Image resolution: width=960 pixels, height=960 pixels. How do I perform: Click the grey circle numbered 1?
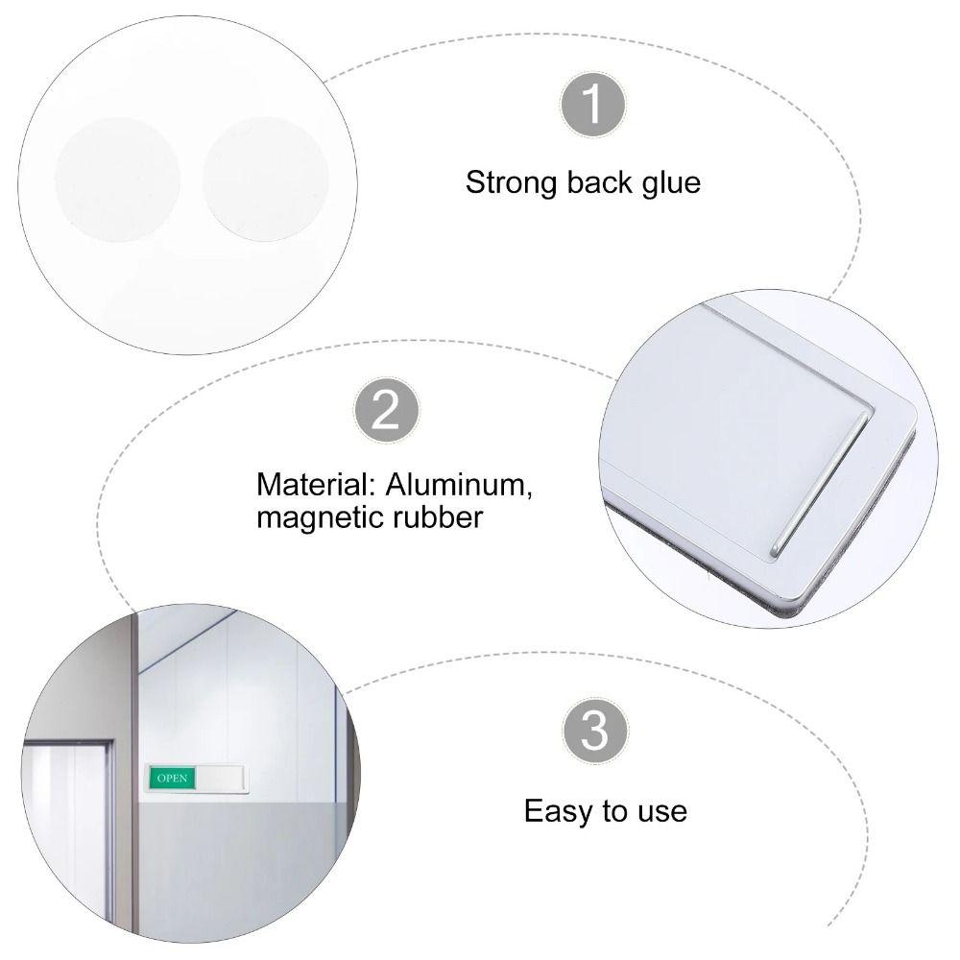594,104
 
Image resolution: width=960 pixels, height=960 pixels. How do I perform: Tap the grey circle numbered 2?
386,411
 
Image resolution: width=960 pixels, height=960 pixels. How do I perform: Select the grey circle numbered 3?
595,732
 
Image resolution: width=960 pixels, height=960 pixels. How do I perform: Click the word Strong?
510,182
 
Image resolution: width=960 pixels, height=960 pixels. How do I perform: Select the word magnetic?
317,517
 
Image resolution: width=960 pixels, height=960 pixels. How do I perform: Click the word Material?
308,483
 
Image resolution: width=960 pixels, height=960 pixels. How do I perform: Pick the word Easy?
559,811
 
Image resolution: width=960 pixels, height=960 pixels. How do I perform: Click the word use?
662,812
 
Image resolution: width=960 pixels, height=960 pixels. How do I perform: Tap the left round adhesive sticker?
117,179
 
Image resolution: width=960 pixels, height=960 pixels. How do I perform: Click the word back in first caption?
594,182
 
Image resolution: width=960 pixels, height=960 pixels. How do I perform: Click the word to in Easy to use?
614,812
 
